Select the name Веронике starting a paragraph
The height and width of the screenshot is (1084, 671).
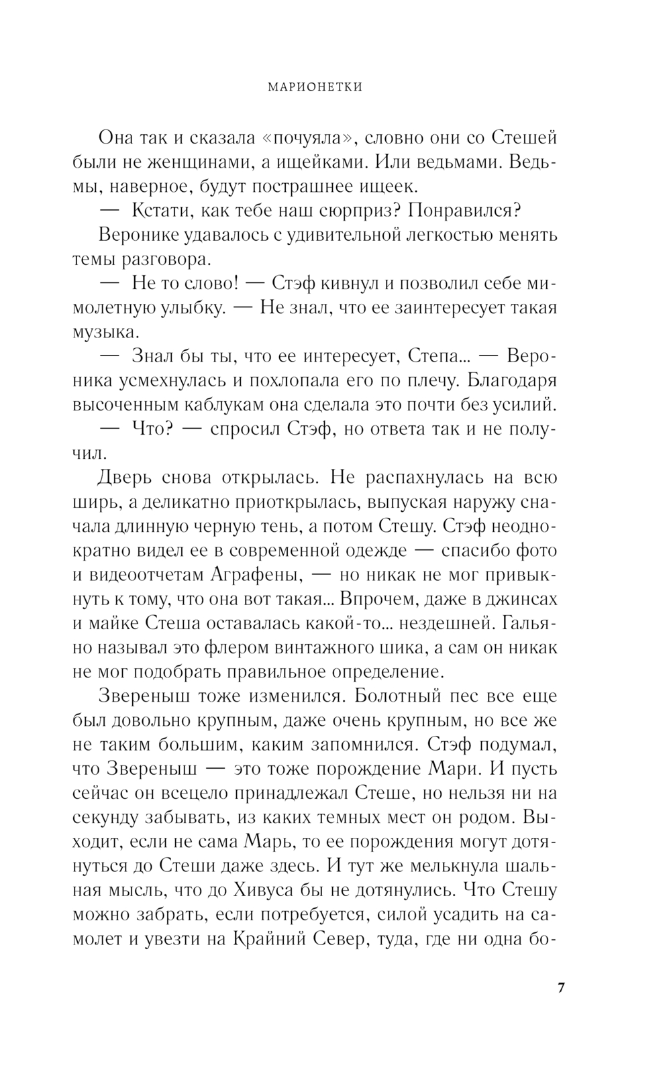142,235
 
